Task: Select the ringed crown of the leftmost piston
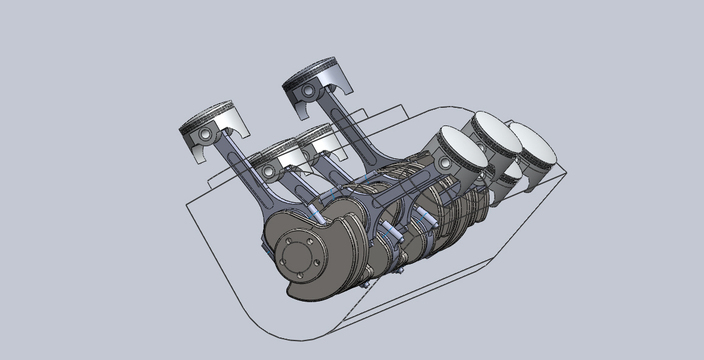pyautogui.click(x=212, y=115)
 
